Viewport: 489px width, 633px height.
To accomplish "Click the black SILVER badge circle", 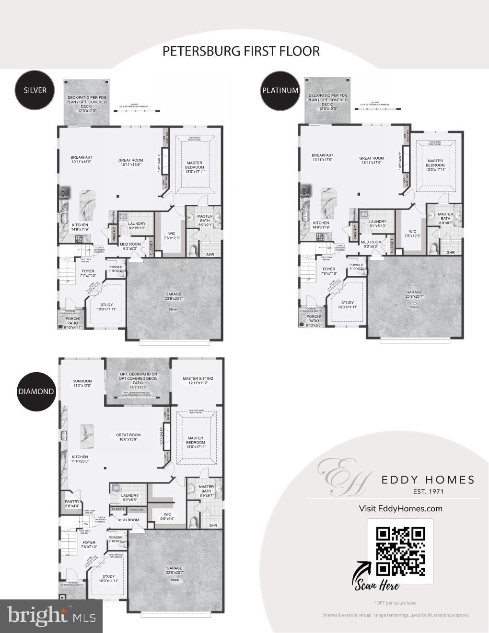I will click(x=35, y=90).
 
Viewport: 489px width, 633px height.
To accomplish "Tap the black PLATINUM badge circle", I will click(x=280, y=90).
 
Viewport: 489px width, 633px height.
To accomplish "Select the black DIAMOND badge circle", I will click(x=36, y=391).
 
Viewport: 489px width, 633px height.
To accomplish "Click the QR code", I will click(x=400, y=551).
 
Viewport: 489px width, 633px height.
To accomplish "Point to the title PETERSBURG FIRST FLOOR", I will click(x=241, y=51).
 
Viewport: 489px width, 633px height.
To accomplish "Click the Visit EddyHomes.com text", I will click(x=401, y=508).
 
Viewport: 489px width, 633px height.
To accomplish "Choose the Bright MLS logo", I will click(x=51, y=616).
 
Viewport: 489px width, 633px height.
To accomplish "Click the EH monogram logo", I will click(x=341, y=477).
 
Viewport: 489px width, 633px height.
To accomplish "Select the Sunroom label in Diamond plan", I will click(x=82, y=383).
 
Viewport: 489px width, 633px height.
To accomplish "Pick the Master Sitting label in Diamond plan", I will click(x=198, y=381).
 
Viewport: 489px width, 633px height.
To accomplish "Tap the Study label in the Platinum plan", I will click(x=348, y=305).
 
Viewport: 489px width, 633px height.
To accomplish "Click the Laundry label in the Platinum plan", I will click(x=378, y=223).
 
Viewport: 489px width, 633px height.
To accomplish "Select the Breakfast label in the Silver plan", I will click(x=81, y=160).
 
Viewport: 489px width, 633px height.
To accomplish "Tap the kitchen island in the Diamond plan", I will click(x=87, y=435).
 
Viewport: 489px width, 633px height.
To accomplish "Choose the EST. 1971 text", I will click(x=428, y=491).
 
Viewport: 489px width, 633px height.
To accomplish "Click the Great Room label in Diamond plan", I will click(x=128, y=437).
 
